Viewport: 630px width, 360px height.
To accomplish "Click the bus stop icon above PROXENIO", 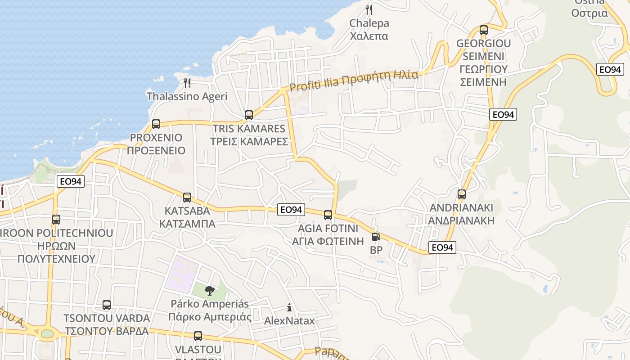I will [156, 124].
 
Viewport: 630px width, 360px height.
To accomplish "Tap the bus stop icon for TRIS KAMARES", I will [249, 115].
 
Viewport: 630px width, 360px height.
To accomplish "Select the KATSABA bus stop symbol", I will [187, 198].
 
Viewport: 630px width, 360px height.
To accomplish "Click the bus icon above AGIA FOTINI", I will [328, 215].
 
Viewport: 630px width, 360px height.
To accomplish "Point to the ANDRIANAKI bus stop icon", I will [462, 194].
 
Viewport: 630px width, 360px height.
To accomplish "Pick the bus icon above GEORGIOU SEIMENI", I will [484, 30].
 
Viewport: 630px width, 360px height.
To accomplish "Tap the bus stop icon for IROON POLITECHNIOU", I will [56, 220].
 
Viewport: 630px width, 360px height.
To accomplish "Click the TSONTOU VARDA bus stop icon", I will [107, 305].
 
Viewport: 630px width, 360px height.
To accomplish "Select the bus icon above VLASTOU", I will [198, 336].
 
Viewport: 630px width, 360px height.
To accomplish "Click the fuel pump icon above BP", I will [376, 237].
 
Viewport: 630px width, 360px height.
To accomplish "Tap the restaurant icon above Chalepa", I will [369, 10].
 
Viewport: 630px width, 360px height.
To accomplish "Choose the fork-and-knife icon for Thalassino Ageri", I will [187, 83].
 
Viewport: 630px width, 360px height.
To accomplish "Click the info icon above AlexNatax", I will [289, 308].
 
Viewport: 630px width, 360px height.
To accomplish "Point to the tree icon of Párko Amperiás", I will [209, 291].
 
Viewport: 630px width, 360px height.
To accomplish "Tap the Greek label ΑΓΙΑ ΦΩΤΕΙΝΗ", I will [328, 241].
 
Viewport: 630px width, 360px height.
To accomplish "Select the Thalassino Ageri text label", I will [187, 96].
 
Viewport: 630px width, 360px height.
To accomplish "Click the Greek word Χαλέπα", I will [369, 36].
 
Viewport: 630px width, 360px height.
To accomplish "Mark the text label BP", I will [376, 250].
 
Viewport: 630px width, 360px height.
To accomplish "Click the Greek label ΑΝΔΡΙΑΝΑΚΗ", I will [461, 220].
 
